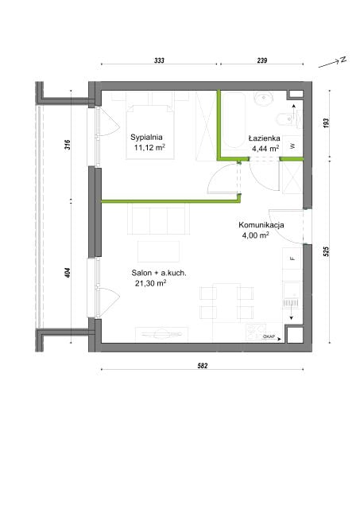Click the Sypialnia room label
click(x=146, y=138)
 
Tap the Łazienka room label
click(x=265, y=138)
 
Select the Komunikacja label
click(x=261, y=224)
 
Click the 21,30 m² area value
click(x=151, y=283)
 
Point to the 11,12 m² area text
click(x=149, y=148)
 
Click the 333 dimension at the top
click(x=159, y=60)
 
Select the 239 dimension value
click(x=262, y=60)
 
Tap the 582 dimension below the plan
click(x=203, y=366)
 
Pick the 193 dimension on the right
click(x=327, y=122)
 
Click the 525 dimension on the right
click(x=327, y=251)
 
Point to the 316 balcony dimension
click(x=67, y=145)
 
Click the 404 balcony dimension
click(x=67, y=273)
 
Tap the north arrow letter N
click(x=343, y=60)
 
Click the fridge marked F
click(x=292, y=258)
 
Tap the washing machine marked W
click(x=292, y=145)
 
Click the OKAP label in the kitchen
click(x=269, y=336)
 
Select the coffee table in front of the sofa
click(x=159, y=251)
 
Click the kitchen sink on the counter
click(x=292, y=295)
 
